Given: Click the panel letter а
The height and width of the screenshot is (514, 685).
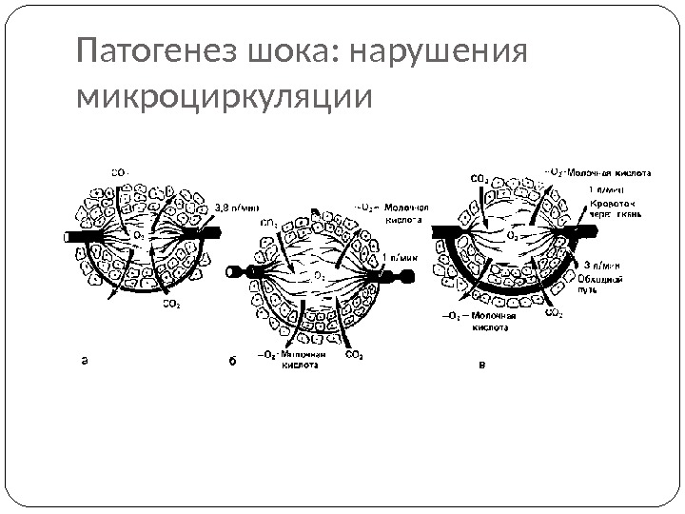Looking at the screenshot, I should point(84,361).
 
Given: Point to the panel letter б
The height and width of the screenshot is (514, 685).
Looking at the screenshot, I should point(231,362).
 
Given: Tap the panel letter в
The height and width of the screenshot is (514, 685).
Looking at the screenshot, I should point(481,364).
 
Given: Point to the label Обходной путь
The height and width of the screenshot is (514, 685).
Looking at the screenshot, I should point(606,285).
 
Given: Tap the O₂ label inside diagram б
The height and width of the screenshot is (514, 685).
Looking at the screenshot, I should point(319,275).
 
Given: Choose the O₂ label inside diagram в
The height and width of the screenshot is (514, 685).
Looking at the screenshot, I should point(513,231).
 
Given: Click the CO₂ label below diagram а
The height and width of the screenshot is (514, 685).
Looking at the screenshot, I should point(171,305).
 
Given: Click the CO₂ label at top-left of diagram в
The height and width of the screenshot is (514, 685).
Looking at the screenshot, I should point(479,177).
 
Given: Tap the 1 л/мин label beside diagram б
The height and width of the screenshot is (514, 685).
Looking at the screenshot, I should point(405,256).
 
